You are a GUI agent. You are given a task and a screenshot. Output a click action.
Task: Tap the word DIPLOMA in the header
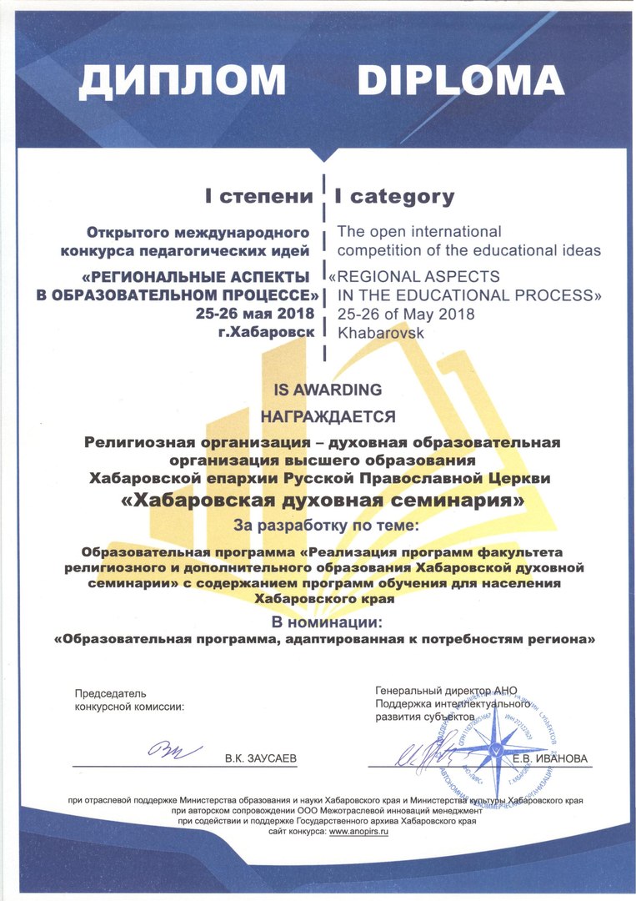point(461,80)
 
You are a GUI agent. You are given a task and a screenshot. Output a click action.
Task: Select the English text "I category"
point(394,197)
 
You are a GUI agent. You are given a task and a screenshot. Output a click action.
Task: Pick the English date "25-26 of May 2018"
point(406,314)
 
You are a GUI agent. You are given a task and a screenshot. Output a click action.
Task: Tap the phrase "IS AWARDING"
point(322,390)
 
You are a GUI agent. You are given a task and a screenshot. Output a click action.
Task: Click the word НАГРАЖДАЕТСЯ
point(322,415)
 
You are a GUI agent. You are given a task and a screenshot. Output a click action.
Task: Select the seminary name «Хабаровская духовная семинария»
point(323,502)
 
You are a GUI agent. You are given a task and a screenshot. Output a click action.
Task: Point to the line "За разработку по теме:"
point(323,527)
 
